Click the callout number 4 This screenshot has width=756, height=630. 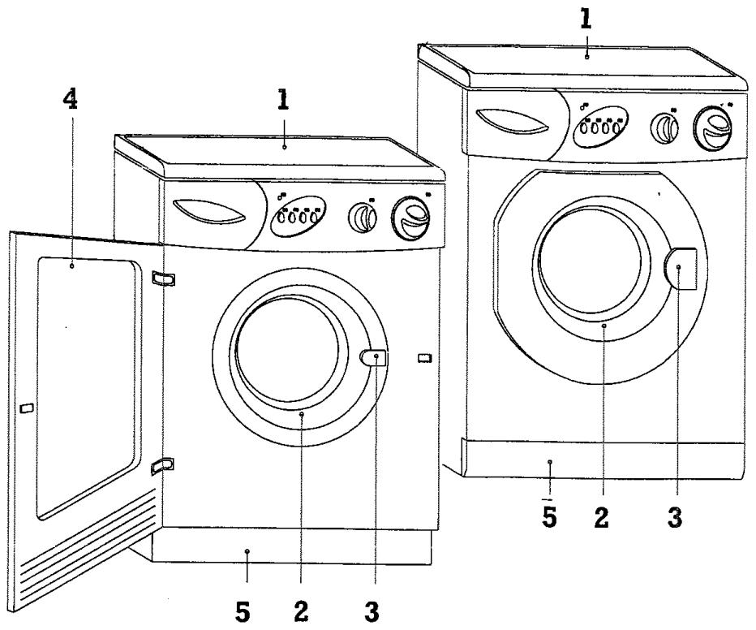[70, 100]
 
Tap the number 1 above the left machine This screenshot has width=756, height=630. [283, 100]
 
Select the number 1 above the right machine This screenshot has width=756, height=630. [586, 19]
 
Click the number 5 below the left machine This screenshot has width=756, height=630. [243, 611]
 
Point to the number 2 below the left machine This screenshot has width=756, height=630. [301, 611]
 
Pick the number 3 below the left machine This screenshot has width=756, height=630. [372, 611]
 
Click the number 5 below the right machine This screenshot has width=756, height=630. [549, 518]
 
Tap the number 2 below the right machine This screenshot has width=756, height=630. [601, 518]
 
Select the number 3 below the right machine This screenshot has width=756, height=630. [675, 518]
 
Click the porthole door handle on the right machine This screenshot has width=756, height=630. [681, 269]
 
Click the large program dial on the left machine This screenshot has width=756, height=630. [410, 218]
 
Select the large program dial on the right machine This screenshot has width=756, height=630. [712, 127]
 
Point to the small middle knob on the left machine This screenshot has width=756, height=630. [362, 218]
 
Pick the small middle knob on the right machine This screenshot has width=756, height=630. [664, 128]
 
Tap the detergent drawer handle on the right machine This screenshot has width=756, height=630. [512, 121]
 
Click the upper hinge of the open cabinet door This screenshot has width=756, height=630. [163, 278]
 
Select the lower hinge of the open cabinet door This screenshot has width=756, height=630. [163, 465]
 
